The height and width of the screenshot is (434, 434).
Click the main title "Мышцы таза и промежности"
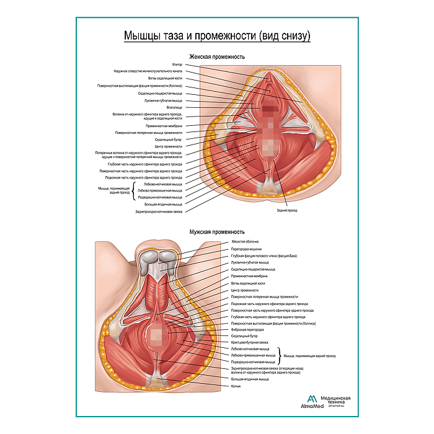pyautogui.click(x=216, y=35)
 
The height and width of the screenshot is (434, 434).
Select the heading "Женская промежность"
pyautogui.click(x=216, y=56)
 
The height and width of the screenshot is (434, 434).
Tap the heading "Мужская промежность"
pyautogui.click(x=216, y=232)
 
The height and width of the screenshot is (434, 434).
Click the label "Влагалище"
pyautogui.click(x=175, y=107)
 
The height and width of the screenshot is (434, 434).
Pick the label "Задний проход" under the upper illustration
pyautogui.click(x=287, y=210)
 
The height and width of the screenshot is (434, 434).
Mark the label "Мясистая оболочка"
pyautogui.click(x=245, y=241)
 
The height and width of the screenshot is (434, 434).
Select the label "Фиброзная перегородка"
pyautogui.click(x=248, y=329)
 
